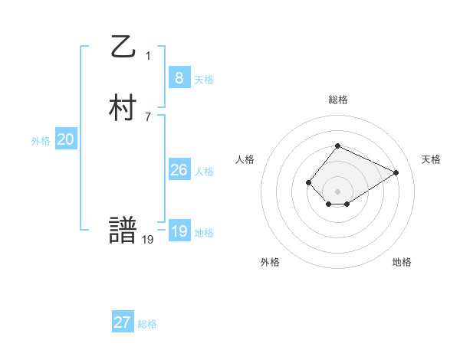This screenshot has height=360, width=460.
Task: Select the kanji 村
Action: pyautogui.click(x=123, y=109)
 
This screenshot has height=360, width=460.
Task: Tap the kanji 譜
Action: pyautogui.click(x=123, y=231)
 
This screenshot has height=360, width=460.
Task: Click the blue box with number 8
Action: pyautogui.click(x=179, y=78)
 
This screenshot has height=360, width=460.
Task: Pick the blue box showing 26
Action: pyautogui.click(x=179, y=170)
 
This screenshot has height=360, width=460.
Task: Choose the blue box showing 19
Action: pyautogui.click(x=179, y=231)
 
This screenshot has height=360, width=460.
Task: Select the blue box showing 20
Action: pyautogui.click(x=66, y=139)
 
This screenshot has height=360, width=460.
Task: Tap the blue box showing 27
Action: pyautogui.click(x=123, y=322)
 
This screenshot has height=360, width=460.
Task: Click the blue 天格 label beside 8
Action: pyautogui.click(x=204, y=80)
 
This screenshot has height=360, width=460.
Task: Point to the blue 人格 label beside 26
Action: pyautogui.click(x=204, y=172)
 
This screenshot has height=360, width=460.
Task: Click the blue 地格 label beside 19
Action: pyautogui.click(x=204, y=233)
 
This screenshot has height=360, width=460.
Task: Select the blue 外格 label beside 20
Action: pyautogui.click(x=41, y=141)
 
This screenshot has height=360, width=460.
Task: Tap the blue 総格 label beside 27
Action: pyautogui.click(x=147, y=324)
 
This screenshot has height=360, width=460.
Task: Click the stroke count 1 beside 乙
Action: pyautogui.click(x=148, y=55)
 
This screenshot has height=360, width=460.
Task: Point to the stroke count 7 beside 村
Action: pyautogui.click(x=148, y=116)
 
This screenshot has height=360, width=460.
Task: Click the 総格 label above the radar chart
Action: pyautogui.click(x=338, y=100)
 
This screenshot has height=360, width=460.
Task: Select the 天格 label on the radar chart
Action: pyautogui.click(x=432, y=159)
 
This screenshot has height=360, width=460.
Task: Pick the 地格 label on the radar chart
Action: pyautogui.click(x=402, y=262)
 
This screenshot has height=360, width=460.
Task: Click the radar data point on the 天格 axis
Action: pyautogui.click(x=396, y=172)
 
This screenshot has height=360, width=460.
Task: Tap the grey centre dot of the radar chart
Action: pyautogui.click(x=338, y=191)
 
